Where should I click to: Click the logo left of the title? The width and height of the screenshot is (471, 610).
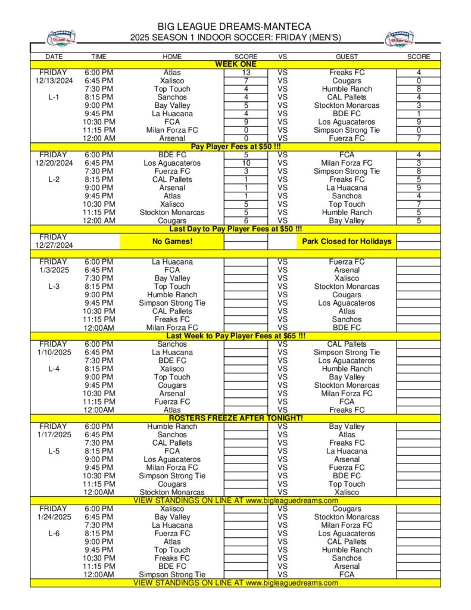pyautogui.click(x=61, y=39)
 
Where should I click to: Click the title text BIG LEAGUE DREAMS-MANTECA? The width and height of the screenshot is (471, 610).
pyautogui.click(x=234, y=27)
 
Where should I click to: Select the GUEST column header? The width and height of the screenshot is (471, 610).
pyautogui.click(x=347, y=57)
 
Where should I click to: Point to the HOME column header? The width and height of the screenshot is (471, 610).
pyautogui.click(x=172, y=57)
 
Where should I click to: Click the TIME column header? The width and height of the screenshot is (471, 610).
pyautogui.click(x=99, y=57)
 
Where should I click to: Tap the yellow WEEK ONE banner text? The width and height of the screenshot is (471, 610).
pyautogui.click(x=235, y=64)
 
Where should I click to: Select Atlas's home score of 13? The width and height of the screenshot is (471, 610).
pyautogui.click(x=245, y=73)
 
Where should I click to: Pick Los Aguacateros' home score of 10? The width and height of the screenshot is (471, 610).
pyautogui.click(x=245, y=163)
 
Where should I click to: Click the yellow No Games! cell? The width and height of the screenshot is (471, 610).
pyautogui.click(x=171, y=241)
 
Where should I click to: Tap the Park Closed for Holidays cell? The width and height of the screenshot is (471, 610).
pyautogui.click(x=347, y=241)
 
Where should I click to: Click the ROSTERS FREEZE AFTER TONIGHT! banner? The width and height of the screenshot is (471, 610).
pyautogui.click(x=235, y=418)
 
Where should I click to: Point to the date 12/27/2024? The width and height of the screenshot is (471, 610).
pyautogui.click(x=54, y=245)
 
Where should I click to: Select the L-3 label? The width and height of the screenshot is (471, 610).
pyautogui.click(x=53, y=287)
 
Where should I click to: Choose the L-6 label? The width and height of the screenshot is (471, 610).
pyautogui.click(x=53, y=534)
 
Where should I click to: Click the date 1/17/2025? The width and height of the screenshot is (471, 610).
pyautogui.click(x=54, y=435)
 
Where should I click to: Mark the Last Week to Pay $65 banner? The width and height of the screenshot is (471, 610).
pyautogui.click(x=235, y=336)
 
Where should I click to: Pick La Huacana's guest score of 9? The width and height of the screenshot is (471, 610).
pyautogui.click(x=419, y=188)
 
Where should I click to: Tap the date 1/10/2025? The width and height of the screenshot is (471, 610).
pyautogui.click(x=54, y=353)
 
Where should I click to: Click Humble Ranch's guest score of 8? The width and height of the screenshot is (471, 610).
pyautogui.click(x=419, y=89)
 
